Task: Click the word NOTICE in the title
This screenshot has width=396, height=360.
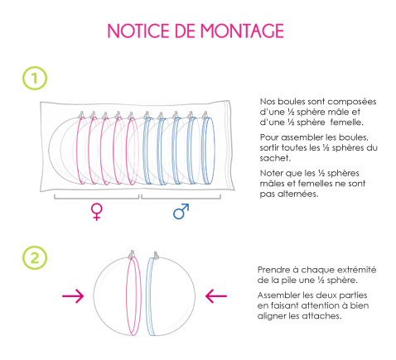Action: (x=138, y=31)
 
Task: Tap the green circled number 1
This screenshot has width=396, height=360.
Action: (x=35, y=78)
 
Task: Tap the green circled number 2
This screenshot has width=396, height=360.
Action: (x=35, y=258)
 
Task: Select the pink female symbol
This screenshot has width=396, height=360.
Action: (x=96, y=212)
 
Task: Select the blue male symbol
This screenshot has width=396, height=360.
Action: (x=181, y=211)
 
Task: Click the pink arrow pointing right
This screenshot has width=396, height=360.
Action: (x=73, y=296)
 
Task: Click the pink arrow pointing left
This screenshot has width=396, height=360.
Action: (x=216, y=296)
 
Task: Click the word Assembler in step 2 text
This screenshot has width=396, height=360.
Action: (x=278, y=295)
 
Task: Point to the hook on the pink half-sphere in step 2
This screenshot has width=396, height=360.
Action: (x=133, y=254)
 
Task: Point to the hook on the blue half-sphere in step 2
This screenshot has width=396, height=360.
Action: (x=156, y=255)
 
